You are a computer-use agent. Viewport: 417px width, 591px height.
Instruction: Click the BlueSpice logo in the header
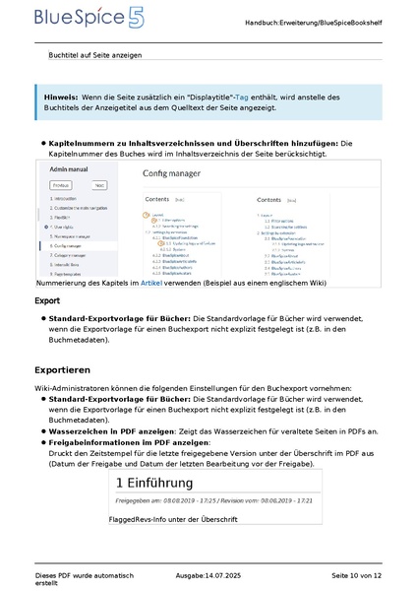(75, 19)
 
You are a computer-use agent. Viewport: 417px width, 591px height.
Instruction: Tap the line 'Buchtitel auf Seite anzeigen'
(95, 55)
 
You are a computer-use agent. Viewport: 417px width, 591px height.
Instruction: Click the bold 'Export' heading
(46, 300)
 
